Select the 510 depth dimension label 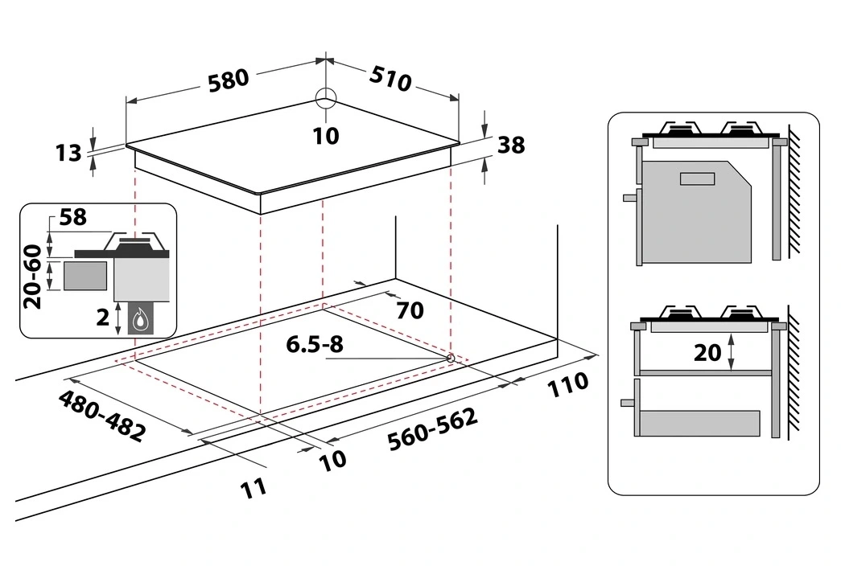(x=391, y=78)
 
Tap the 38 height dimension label (x=511, y=145)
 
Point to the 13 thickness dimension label (x=70, y=152)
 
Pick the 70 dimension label (x=410, y=310)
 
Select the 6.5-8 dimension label (x=315, y=345)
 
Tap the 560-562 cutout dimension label (x=432, y=429)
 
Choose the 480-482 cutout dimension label (x=101, y=416)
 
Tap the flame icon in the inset (x=142, y=318)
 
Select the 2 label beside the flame (x=103, y=318)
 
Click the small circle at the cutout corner (x=449, y=357)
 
